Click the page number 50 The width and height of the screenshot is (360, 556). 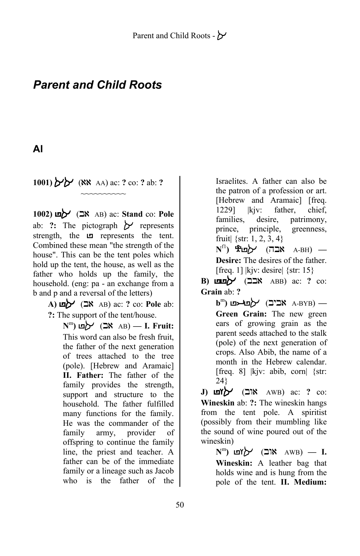tap(180, 505)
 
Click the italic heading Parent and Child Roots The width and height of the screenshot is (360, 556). tap(97, 85)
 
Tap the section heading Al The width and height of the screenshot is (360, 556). tap(38, 149)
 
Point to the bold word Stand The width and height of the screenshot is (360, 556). tap(132, 214)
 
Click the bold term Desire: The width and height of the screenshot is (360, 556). tap(228, 260)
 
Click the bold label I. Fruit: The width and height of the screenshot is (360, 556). tap(159, 326)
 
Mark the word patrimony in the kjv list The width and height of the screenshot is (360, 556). tap(308, 219)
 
